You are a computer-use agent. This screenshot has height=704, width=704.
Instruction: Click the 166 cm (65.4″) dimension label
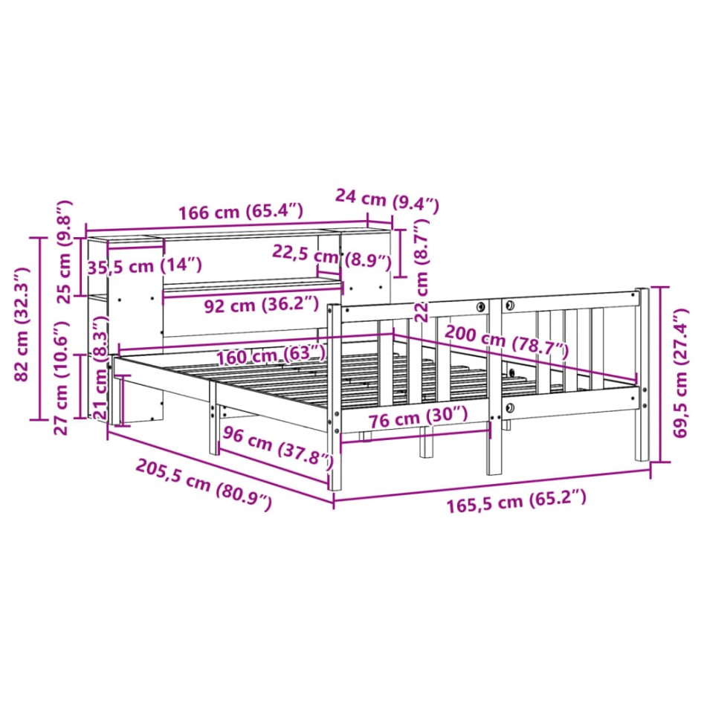tap(241, 212)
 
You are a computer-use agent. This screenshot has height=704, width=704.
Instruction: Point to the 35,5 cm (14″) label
tap(144, 266)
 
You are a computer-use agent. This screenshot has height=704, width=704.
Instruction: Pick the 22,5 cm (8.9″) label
tap(332, 256)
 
